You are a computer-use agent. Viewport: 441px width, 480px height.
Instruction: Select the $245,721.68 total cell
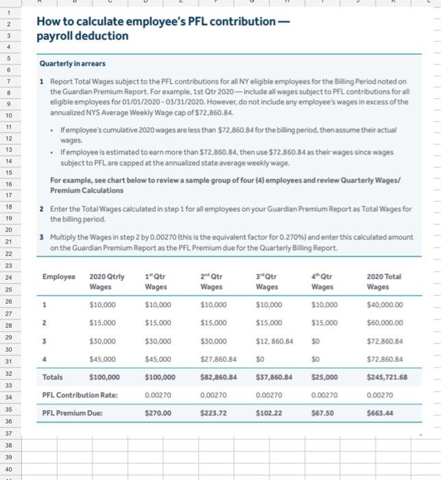tap(387, 376)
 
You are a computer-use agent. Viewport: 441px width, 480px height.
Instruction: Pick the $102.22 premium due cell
tap(269, 413)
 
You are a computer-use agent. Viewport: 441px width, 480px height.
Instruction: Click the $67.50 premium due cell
tap(323, 413)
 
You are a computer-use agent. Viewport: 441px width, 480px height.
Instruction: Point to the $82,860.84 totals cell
tap(219, 376)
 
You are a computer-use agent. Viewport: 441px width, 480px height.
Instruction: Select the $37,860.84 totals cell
tap(274, 376)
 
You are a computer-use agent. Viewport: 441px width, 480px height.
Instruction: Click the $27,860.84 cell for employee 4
tap(219, 358)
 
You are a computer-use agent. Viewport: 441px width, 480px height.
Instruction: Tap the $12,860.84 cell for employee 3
tap(274, 340)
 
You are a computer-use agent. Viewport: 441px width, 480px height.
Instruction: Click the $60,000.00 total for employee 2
tap(385, 322)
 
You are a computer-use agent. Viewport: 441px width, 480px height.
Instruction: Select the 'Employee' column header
tap(59, 276)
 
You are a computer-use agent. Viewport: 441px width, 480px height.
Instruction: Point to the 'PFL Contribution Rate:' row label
tap(80, 395)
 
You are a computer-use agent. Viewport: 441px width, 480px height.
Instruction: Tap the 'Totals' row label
tap(53, 376)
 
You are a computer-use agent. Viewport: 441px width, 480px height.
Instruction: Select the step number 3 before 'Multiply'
tap(42, 237)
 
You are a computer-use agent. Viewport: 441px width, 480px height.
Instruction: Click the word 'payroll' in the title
tap(56, 35)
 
